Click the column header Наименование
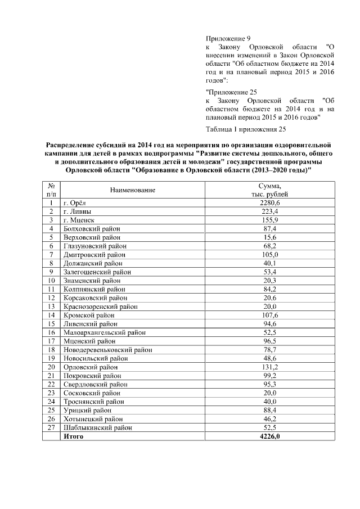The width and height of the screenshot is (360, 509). point(133,190)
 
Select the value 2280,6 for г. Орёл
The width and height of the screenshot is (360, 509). point(269,202)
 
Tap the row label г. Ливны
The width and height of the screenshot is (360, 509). point(78,211)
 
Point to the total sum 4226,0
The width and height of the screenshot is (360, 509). point(269,436)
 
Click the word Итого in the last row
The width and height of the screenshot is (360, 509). point(74,436)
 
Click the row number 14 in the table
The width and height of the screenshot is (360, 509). point(51,315)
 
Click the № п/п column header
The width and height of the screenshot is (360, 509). point(51,190)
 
